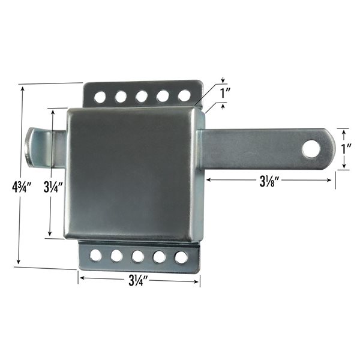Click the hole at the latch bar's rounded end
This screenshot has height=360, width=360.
[311, 148]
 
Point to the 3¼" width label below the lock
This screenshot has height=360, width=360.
[139, 279]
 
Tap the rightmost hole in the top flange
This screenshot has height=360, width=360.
[184, 95]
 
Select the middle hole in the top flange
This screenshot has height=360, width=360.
[142, 95]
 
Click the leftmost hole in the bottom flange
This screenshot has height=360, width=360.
[95, 256]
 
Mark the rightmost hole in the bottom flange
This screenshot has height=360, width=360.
[181, 257]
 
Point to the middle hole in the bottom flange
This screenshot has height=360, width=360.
[138, 256]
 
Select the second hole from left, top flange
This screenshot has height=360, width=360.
[121, 95]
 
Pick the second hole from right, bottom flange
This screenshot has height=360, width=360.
[160, 257]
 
